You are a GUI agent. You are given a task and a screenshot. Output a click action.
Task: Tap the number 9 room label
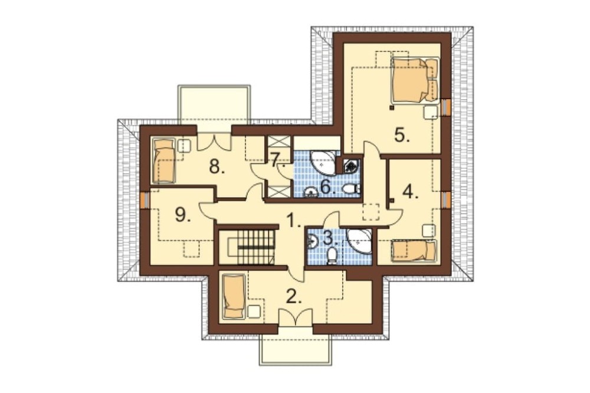click(x=183, y=215)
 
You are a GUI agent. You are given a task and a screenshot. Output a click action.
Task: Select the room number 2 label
click(x=294, y=297)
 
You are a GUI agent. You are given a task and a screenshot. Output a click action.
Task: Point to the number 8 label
click(x=217, y=166)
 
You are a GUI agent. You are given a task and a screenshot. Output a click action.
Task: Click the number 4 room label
click(x=411, y=192)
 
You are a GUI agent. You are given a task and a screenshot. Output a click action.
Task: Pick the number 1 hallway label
click(x=294, y=220)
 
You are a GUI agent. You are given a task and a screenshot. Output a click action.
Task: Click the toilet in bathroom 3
click(x=332, y=256)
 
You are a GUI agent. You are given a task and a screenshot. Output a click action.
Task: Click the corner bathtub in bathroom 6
click(x=324, y=163)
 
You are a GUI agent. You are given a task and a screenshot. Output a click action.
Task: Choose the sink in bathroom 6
click(x=312, y=192)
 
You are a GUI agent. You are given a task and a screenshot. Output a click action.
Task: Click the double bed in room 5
click(x=415, y=80)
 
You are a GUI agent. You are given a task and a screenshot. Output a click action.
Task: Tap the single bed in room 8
click(x=163, y=161)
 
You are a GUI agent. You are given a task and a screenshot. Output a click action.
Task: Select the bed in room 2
click(x=234, y=297)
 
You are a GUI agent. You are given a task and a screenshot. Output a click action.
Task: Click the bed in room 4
click(x=414, y=251)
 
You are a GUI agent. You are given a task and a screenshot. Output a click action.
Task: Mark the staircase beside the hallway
click(x=247, y=247)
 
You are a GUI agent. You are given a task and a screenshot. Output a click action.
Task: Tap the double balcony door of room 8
click(x=214, y=143)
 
